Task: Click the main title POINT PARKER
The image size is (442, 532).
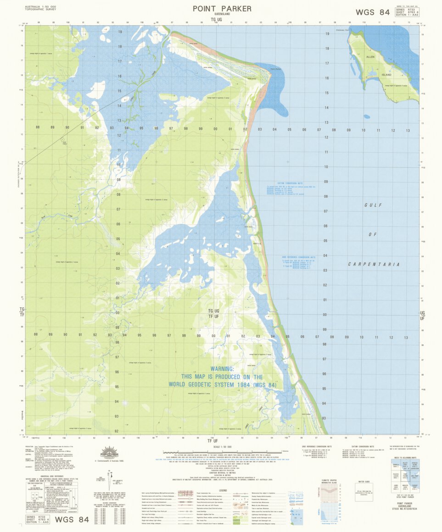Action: tap(222, 9)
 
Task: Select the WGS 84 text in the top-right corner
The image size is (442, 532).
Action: tap(372, 12)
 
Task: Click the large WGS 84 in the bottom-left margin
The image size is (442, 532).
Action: tap(71, 520)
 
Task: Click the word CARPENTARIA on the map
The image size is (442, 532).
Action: tap(374, 264)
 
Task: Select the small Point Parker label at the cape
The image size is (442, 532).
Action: tap(275, 69)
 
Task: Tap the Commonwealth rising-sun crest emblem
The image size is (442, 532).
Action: tap(109, 452)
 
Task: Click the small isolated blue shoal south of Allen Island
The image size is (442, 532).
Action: tap(366, 116)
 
